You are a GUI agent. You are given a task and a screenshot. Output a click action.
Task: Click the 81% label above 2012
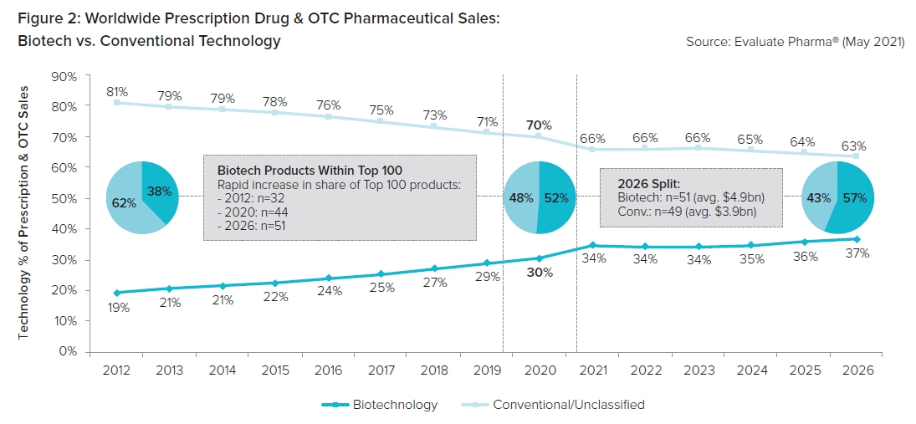point(116,91)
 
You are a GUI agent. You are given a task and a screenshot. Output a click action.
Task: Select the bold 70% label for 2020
point(539,125)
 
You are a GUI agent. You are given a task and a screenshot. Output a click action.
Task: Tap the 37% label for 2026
point(857,253)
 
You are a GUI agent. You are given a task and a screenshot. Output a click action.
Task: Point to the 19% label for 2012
point(118,307)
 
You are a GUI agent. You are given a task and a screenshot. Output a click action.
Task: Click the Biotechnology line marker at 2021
point(592,245)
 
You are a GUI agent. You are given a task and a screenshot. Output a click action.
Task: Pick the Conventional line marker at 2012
point(117,102)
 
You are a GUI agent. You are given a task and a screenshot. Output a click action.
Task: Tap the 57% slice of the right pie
point(853,198)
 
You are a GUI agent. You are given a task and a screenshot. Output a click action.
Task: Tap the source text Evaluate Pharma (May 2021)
point(795,41)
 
